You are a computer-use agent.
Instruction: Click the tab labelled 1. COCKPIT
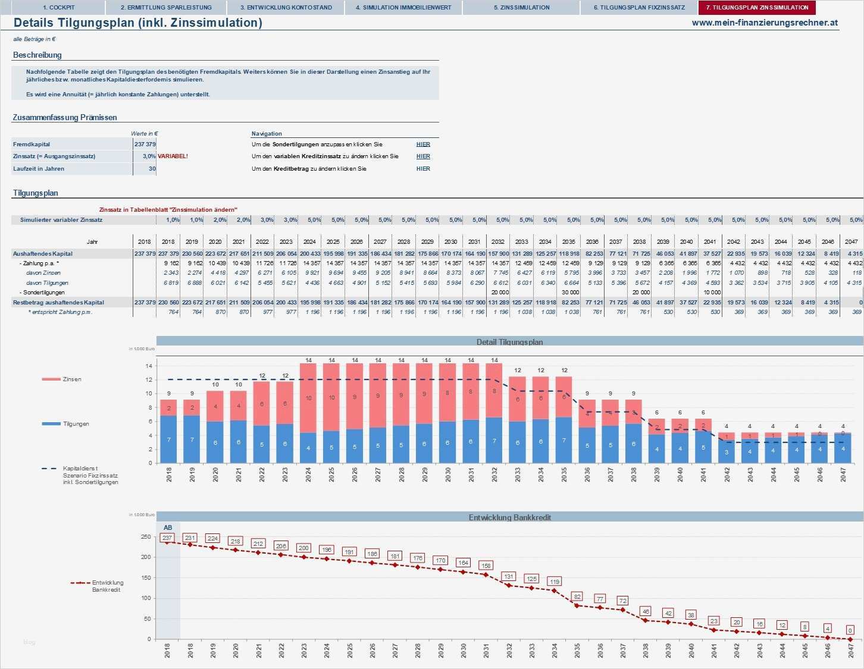tap(58, 8)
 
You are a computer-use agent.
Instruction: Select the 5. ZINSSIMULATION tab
tap(521, 8)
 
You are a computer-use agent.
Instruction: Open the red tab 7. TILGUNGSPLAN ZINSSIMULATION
tap(757, 8)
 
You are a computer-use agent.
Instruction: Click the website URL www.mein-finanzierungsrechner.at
tap(765, 23)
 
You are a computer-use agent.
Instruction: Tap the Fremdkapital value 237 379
tap(145, 145)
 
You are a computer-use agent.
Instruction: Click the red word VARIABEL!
tap(173, 156)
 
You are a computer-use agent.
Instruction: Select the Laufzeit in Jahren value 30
tap(152, 169)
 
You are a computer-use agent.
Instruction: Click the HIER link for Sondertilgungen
tap(423, 145)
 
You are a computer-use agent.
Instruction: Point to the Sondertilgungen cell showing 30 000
tap(569, 293)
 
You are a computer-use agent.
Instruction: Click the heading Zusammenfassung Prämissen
tap(65, 118)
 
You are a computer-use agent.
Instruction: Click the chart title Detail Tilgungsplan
tap(509, 342)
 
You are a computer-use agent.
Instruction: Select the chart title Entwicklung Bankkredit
tap(509, 517)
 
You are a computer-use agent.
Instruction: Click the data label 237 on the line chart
tap(167, 538)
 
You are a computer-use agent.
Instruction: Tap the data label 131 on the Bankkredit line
tap(509, 576)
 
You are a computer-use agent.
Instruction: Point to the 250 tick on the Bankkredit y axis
tap(146, 537)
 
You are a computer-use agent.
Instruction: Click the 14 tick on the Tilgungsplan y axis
tap(149, 366)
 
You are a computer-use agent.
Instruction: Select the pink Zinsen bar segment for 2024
tap(308, 398)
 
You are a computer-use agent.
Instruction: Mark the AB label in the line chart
tap(168, 527)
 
